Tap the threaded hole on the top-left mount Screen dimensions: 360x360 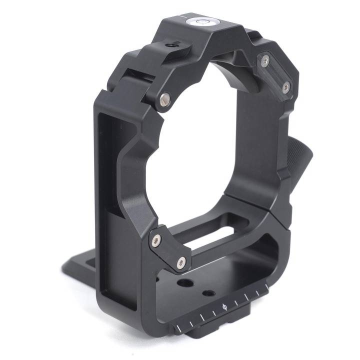pos(172,45)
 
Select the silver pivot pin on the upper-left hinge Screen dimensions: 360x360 pos(164,99)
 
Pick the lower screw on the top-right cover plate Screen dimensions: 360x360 pos(285,88)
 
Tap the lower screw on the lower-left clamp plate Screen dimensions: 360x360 pos(181,261)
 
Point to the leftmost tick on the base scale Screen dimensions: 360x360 pos(178,328)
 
